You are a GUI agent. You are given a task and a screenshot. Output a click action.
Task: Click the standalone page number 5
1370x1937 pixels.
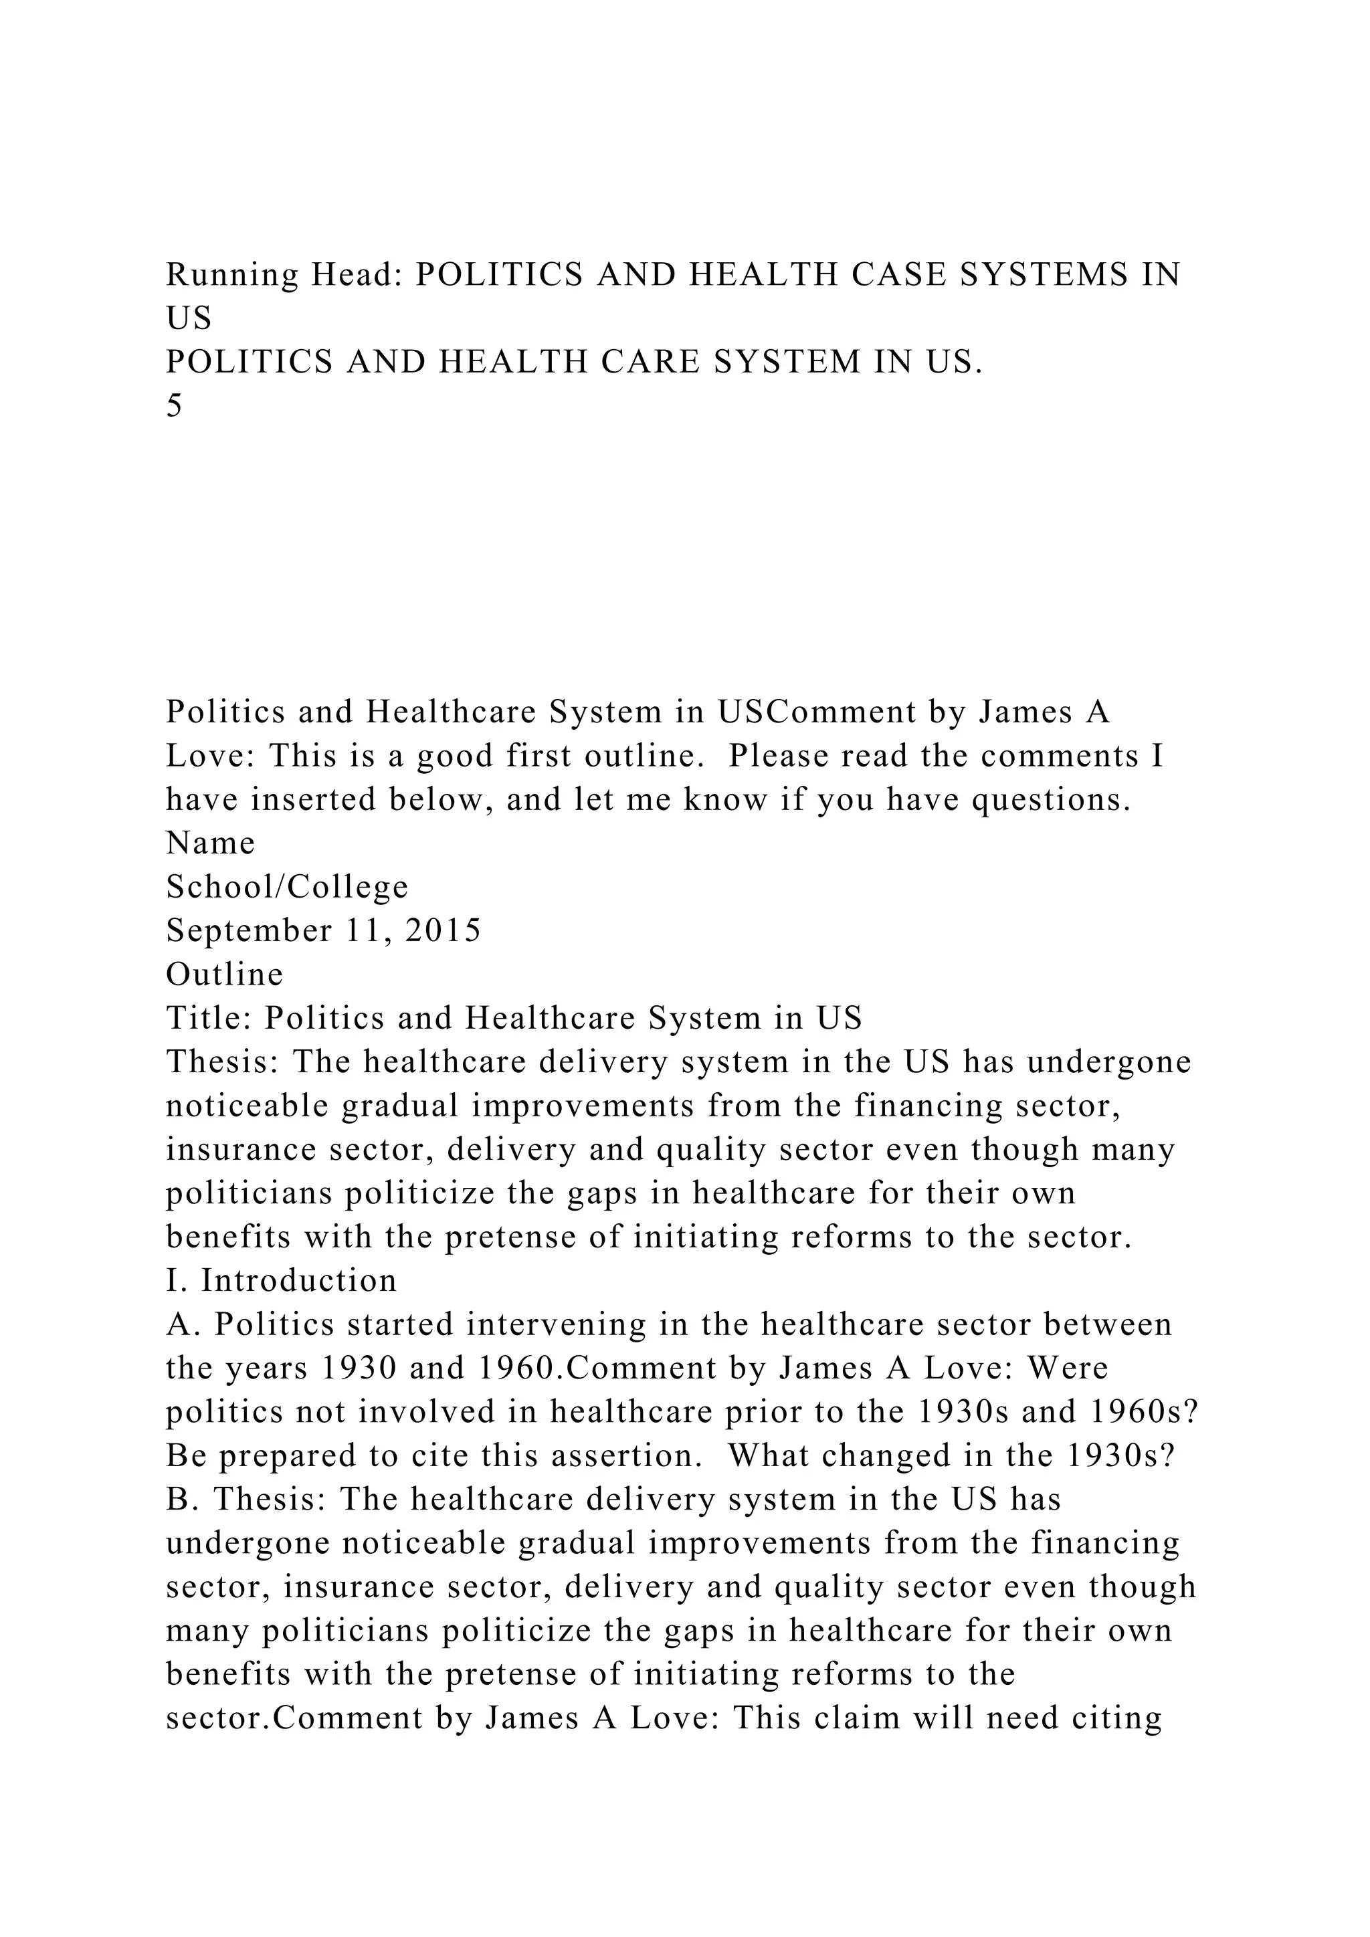coord(175,406)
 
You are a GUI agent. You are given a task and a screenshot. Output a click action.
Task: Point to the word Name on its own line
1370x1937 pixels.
coord(210,843)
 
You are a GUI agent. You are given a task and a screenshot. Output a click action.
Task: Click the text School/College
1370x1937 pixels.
coord(287,887)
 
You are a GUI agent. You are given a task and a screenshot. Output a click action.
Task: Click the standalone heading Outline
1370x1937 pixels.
coord(224,975)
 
